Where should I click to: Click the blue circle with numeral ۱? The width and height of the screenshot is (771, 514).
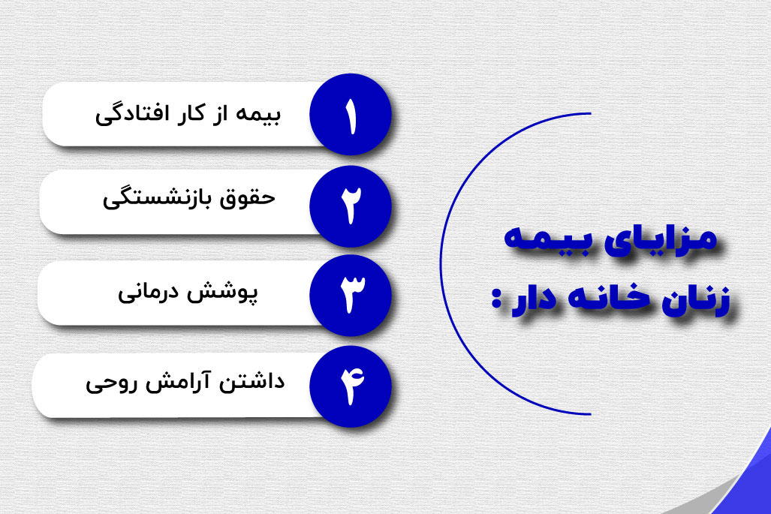tap(350, 115)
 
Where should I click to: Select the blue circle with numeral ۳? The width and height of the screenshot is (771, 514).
tap(349, 293)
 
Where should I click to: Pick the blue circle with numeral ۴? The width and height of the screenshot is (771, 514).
tap(349, 384)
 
